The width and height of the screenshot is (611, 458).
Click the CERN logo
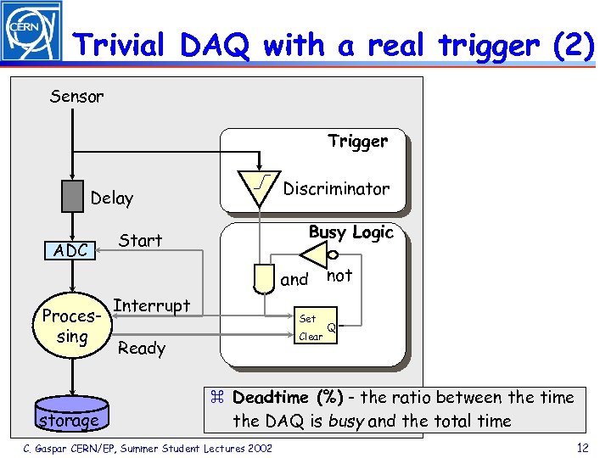click(x=31, y=32)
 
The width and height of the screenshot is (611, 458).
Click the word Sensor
click(x=76, y=96)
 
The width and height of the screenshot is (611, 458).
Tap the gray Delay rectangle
click(x=72, y=197)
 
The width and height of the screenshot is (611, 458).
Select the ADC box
click(x=70, y=250)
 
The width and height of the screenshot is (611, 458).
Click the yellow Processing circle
click(x=72, y=327)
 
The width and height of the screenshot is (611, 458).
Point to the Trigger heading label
click(x=357, y=142)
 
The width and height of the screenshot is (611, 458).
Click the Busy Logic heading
click(x=350, y=232)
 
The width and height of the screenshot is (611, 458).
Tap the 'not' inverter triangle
click(x=314, y=254)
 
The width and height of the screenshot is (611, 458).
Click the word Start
click(x=140, y=240)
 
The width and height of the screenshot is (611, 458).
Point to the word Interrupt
click(x=151, y=305)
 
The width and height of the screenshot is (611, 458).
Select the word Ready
click(x=142, y=348)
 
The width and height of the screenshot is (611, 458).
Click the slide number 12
click(x=581, y=447)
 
